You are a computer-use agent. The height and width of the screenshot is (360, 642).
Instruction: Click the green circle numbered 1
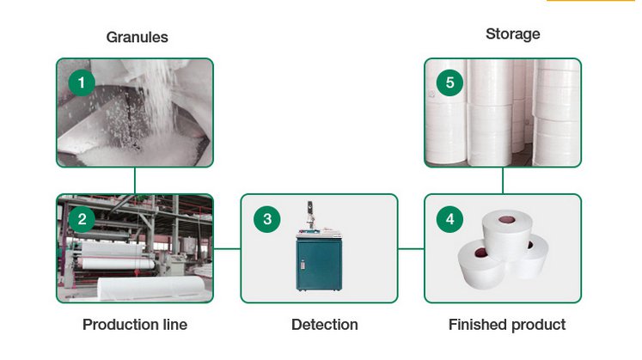[82, 82]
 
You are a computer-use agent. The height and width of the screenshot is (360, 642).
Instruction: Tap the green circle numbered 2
[82, 219]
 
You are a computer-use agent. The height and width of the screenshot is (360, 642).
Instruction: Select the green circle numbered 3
[267, 219]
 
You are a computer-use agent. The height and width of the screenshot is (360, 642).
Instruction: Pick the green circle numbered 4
[449, 219]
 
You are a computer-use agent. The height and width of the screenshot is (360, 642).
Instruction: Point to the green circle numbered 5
[449, 82]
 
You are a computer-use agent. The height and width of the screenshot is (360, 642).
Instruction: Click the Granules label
[138, 37]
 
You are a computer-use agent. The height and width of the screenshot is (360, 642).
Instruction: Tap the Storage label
[512, 34]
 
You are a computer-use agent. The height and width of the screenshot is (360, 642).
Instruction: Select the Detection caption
[325, 325]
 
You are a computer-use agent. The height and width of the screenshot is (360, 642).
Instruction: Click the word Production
[120, 325]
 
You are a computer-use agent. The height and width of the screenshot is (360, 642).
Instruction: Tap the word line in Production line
[174, 325]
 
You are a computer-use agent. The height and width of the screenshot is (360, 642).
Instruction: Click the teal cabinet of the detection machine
[319, 264]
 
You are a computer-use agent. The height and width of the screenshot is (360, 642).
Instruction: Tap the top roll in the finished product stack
[507, 233]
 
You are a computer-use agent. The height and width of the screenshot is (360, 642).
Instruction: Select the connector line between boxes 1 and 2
[135, 180]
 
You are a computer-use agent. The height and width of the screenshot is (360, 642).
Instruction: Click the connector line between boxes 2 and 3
[227, 248]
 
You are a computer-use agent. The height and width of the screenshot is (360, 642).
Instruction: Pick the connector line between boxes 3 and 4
[411, 248]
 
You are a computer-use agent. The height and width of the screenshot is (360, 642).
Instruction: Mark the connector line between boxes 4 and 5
[503, 180]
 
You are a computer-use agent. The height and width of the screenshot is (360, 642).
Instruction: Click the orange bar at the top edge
[590, 0]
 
